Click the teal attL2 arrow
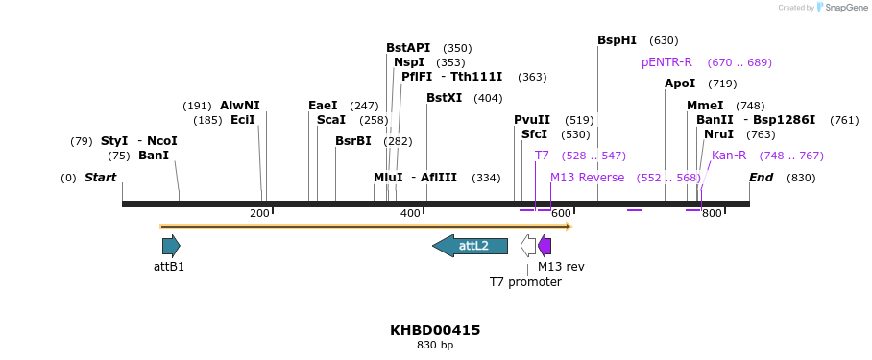pyautogui.click(x=470, y=246)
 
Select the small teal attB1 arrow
pyautogui.click(x=171, y=246)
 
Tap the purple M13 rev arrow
pyautogui.click(x=545, y=246)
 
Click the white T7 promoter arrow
pyautogui.click(x=528, y=246)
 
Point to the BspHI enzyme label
pyautogui.click(x=617, y=40)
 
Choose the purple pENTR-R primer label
pyautogui.click(x=666, y=62)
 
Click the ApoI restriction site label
pyautogui.click(x=680, y=84)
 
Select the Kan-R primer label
pyautogui.click(x=729, y=156)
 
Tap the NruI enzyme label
pyautogui.click(x=718, y=134)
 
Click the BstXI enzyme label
pyautogui.click(x=444, y=98)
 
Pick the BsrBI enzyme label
pyautogui.click(x=352, y=141)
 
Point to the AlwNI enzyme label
pyautogui.click(x=239, y=106)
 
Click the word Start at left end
pyautogui.click(x=100, y=178)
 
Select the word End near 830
pyautogui.click(x=761, y=178)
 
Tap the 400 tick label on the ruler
pyautogui.click(x=410, y=213)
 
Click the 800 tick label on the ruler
pyautogui.click(x=712, y=213)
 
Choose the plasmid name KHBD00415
pyautogui.click(x=435, y=330)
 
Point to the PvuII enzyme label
pyautogui.click(x=532, y=120)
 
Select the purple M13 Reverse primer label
pyautogui.click(x=587, y=178)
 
